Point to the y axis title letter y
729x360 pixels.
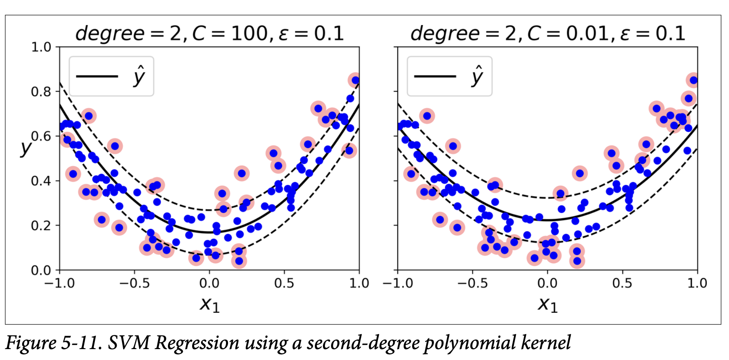tap(26, 148)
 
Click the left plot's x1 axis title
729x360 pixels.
tap(209, 303)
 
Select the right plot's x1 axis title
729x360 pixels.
tap(547, 303)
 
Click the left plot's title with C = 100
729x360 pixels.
tap(209, 33)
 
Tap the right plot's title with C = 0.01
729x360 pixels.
tap(548, 33)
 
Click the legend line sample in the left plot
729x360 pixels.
tap(97, 76)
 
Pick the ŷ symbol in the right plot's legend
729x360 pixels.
tap(477, 75)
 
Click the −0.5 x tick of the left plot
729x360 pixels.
tap(134, 283)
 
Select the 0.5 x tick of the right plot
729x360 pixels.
tap(622, 283)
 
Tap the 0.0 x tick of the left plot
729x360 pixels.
tap(209, 283)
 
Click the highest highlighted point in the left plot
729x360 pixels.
tap(355, 80)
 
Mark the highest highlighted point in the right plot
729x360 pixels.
tap(693, 80)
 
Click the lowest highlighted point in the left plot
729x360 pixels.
tap(239, 261)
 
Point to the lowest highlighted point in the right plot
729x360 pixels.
tap(577, 261)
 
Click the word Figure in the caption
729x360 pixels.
tap(31, 343)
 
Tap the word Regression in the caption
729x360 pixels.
tap(197, 344)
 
